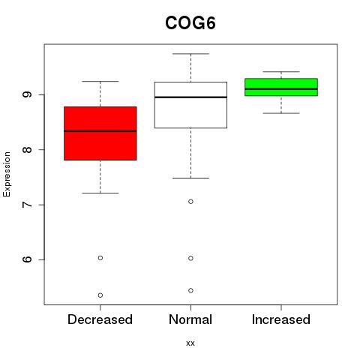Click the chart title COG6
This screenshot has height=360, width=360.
tap(190, 23)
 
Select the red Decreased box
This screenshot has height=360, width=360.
tap(100, 133)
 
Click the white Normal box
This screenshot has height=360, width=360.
tap(190, 105)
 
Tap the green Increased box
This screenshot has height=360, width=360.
tap(281, 87)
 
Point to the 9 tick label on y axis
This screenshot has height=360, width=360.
tap(27, 94)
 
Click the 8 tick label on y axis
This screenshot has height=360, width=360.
tap(27, 149)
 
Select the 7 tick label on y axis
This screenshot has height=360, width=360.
tap(27, 205)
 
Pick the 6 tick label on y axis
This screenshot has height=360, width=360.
tap(27, 259)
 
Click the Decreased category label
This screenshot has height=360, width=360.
tap(100, 319)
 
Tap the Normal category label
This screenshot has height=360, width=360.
tap(190, 319)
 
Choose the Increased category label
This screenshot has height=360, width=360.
tap(281, 319)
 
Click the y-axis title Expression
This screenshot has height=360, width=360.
tap(7, 174)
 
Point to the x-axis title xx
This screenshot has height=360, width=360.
tap(190, 343)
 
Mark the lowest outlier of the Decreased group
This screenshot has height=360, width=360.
tap(100, 295)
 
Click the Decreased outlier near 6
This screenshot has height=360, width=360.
tap(100, 258)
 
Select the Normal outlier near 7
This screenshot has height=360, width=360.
tap(190, 202)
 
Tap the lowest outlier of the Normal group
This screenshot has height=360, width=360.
tap(190, 290)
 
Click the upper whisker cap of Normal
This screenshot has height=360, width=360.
tap(190, 54)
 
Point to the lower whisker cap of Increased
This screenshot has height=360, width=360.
tap(281, 113)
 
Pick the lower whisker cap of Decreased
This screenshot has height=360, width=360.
tap(100, 193)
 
